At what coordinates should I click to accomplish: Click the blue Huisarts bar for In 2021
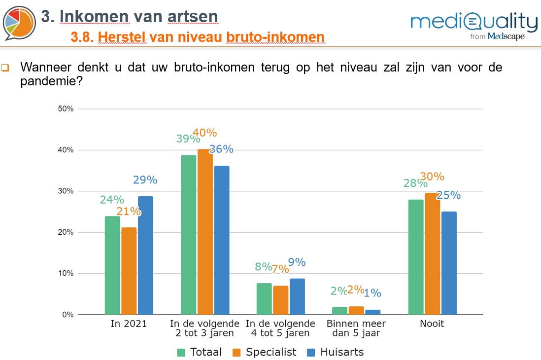145,255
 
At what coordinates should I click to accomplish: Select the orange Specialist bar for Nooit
432,253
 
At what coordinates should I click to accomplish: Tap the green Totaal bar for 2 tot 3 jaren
189,235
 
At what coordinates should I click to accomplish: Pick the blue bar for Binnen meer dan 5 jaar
372,312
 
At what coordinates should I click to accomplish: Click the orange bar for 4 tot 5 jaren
281,300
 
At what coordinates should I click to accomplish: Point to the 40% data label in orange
204,133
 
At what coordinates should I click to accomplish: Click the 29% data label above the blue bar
145,180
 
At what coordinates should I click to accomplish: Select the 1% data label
372,293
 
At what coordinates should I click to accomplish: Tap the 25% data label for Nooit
448,195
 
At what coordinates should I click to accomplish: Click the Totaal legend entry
199,352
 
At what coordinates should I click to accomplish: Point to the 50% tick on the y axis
66,109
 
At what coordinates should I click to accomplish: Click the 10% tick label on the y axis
66,274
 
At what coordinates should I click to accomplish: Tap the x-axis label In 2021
130,324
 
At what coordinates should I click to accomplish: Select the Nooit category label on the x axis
432,324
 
